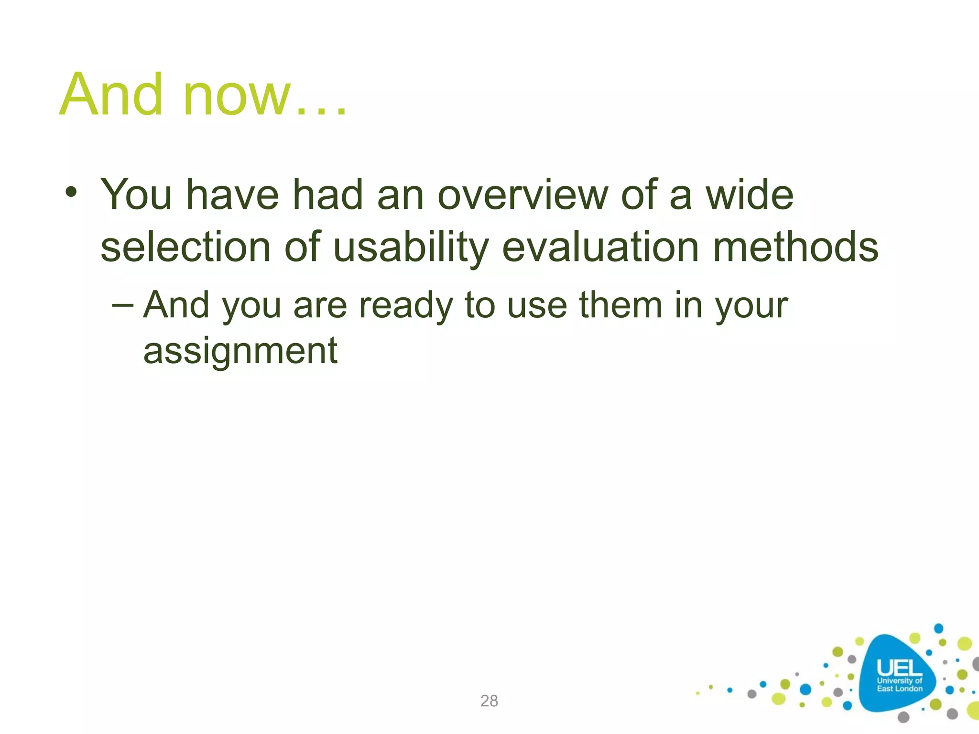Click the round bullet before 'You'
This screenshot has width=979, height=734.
(x=71, y=193)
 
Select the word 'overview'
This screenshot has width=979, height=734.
(x=523, y=195)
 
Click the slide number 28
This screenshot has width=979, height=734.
(x=489, y=701)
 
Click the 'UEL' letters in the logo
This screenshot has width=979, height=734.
(x=899, y=667)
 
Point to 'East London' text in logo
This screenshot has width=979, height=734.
(x=899, y=689)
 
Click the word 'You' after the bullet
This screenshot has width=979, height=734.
(x=136, y=195)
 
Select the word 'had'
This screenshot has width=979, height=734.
(x=328, y=195)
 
